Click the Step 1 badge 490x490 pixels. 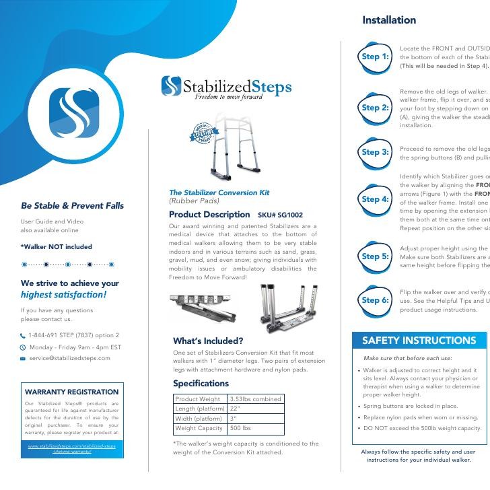[x=375, y=57]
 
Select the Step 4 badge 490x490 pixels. [x=375, y=199]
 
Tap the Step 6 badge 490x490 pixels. [x=375, y=300]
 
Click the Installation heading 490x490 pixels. [x=389, y=20]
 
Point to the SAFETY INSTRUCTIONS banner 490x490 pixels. [x=419, y=341]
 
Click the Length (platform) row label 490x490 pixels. [x=199, y=409]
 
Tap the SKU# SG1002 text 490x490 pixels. [x=280, y=215]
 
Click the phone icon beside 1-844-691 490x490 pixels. [x=23, y=336]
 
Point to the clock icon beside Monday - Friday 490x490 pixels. [x=23, y=347]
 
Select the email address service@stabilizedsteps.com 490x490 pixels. [x=69, y=359]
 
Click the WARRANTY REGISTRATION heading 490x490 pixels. [x=71, y=392]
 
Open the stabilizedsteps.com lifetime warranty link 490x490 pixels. [x=71, y=448]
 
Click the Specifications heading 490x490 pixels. [x=201, y=384]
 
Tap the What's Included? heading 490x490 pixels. [x=208, y=341]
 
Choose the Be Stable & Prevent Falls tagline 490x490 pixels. [x=72, y=206]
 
